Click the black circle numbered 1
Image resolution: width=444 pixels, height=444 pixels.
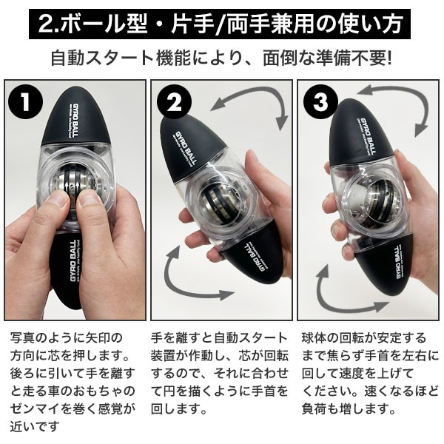pos(25,102)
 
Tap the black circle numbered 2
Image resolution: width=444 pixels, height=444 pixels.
pos(174,102)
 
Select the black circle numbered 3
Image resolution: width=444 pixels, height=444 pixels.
pos(320,102)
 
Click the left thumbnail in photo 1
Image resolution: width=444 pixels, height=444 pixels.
pos(58,198)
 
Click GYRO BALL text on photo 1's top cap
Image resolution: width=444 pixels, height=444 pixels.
pos(73,121)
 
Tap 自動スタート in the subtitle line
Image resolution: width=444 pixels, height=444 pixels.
pos(103,58)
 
